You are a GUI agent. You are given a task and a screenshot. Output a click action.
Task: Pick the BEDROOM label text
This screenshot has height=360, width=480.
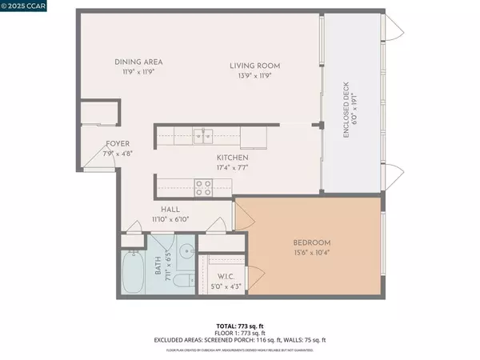tap(310, 242)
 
